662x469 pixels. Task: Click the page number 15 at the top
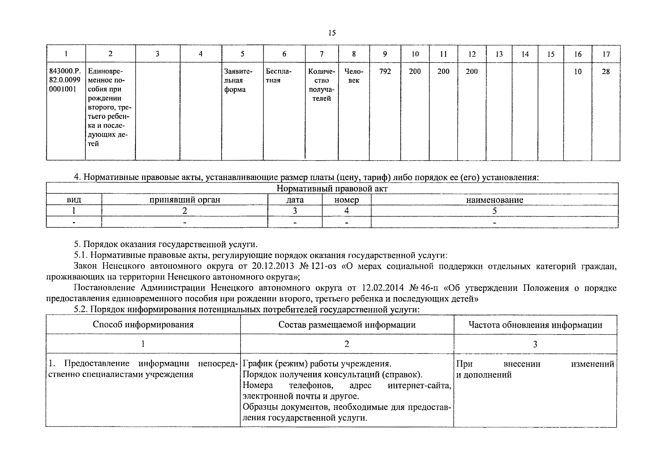(332, 33)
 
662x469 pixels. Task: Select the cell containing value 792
(385, 72)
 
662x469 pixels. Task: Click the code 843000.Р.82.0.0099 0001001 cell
(65, 80)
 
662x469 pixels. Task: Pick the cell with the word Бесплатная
(278, 76)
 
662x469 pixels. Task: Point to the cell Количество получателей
(321, 85)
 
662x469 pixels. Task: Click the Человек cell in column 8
(353, 76)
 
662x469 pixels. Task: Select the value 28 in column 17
(605, 72)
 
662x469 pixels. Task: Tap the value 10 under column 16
(578, 72)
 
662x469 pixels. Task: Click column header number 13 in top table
(499, 54)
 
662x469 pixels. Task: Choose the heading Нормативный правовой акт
(332, 188)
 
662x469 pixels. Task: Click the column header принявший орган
(185, 200)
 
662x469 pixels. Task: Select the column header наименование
(494, 200)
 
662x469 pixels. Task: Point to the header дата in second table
(295, 200)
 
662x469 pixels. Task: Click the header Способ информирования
(143, 325)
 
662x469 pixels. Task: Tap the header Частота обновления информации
(535, 325)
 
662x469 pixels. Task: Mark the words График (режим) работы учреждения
(317, 364)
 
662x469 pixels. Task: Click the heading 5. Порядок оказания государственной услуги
(166, 245)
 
